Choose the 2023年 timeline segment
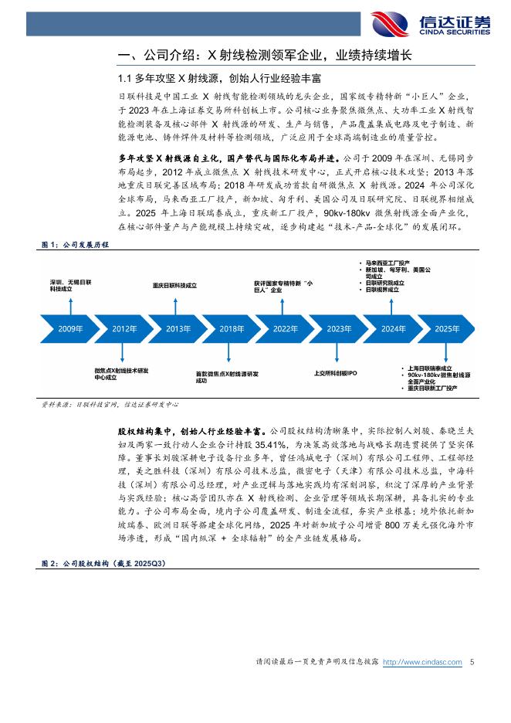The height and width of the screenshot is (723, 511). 339,328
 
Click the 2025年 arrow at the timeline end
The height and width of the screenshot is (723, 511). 447,328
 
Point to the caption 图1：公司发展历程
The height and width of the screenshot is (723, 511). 74,243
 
